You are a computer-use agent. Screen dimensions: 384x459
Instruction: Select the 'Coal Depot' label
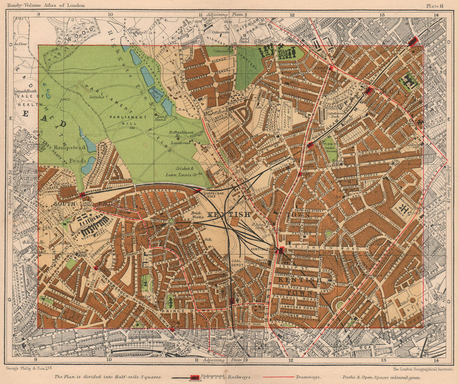pos(241,265)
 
